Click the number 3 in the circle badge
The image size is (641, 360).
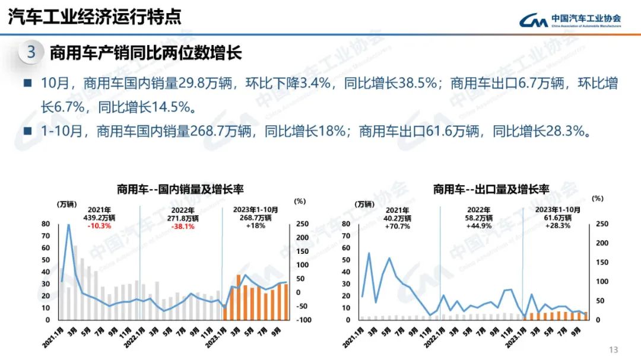point(31,52)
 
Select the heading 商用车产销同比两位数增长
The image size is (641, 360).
point(145,53)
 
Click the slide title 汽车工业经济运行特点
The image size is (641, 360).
point(94,17)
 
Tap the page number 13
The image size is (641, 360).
point(614,349)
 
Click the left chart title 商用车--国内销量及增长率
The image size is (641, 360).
point(180,189)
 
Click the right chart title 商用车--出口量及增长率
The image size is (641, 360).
point(491,189)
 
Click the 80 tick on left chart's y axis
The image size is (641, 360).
point(46,224)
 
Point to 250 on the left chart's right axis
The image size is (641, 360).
point(302,224)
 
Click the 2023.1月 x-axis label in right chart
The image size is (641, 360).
point(515,336)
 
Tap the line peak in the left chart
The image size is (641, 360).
point(69,225)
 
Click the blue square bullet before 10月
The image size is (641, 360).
point(28,83)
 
